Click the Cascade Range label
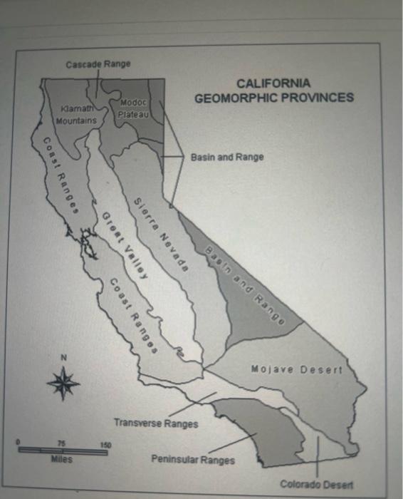pos(98,64)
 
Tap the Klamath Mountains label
pos(79,116)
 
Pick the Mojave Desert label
pos(297,369)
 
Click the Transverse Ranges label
pos(156,423)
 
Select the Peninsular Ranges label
pos(192,460)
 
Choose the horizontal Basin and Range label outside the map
pos(227,157)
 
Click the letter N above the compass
pos(63,357)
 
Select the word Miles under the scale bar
pos(63,460)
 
